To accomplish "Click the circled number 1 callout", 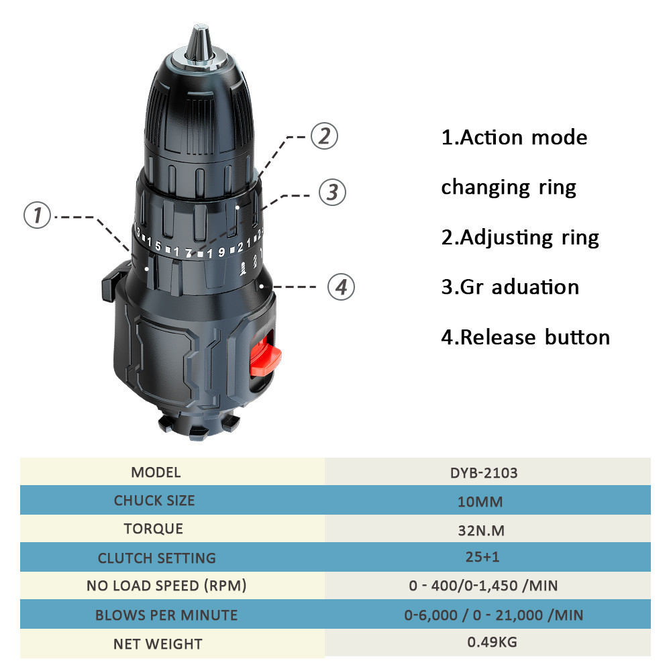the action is click(x=37, y=215).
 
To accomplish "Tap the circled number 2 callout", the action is click(x=324, y=136).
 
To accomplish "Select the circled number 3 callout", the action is click(x=333, y=192).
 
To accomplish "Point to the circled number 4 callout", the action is click(x=341, y=287).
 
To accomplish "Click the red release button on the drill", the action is click(x=265, y=355).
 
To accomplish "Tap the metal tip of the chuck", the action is click(x=200, y=43).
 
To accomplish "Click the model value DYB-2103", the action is click(x=484, y=473).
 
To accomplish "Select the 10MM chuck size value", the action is click(x=480, y=501).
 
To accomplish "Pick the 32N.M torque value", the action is click(x=481, y=531).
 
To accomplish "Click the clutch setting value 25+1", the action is click(x=482, y=557).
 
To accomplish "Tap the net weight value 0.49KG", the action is click(x=492, y=642).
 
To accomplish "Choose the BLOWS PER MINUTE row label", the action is click(x=166, y=615).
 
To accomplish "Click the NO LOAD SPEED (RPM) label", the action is click(x=166, y=585).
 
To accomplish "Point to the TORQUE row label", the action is click(x=154, y=529).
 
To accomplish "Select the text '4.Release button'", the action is click(x=525, y=338).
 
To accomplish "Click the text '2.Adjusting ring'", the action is click(x=520, y=238).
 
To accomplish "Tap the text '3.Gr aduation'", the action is click(x=510, y=287).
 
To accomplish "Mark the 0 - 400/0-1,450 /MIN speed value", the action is click(x=484, y=585).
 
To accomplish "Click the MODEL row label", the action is click(x=156, y=472).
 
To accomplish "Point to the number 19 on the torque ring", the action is click(x=216, y=253).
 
